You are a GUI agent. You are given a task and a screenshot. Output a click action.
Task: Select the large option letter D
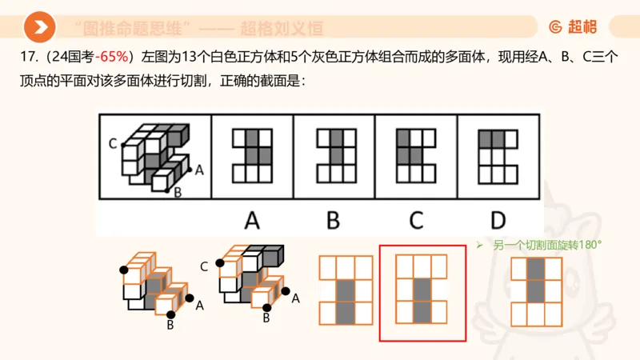click(498, 219)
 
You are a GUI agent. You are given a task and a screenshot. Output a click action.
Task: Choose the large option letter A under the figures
click(252, 219)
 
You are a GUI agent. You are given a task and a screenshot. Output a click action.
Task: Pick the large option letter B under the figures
click(334, 219)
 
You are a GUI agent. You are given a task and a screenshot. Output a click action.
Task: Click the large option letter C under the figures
click(416, 219)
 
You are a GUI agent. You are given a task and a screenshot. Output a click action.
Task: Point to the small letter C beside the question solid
click(113, 143)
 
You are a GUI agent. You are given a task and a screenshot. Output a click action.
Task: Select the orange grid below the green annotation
click(538, 292)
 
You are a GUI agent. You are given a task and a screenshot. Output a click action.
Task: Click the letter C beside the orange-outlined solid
click(204, 266)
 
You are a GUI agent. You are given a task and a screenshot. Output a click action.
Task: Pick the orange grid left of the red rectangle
click(346, 290)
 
